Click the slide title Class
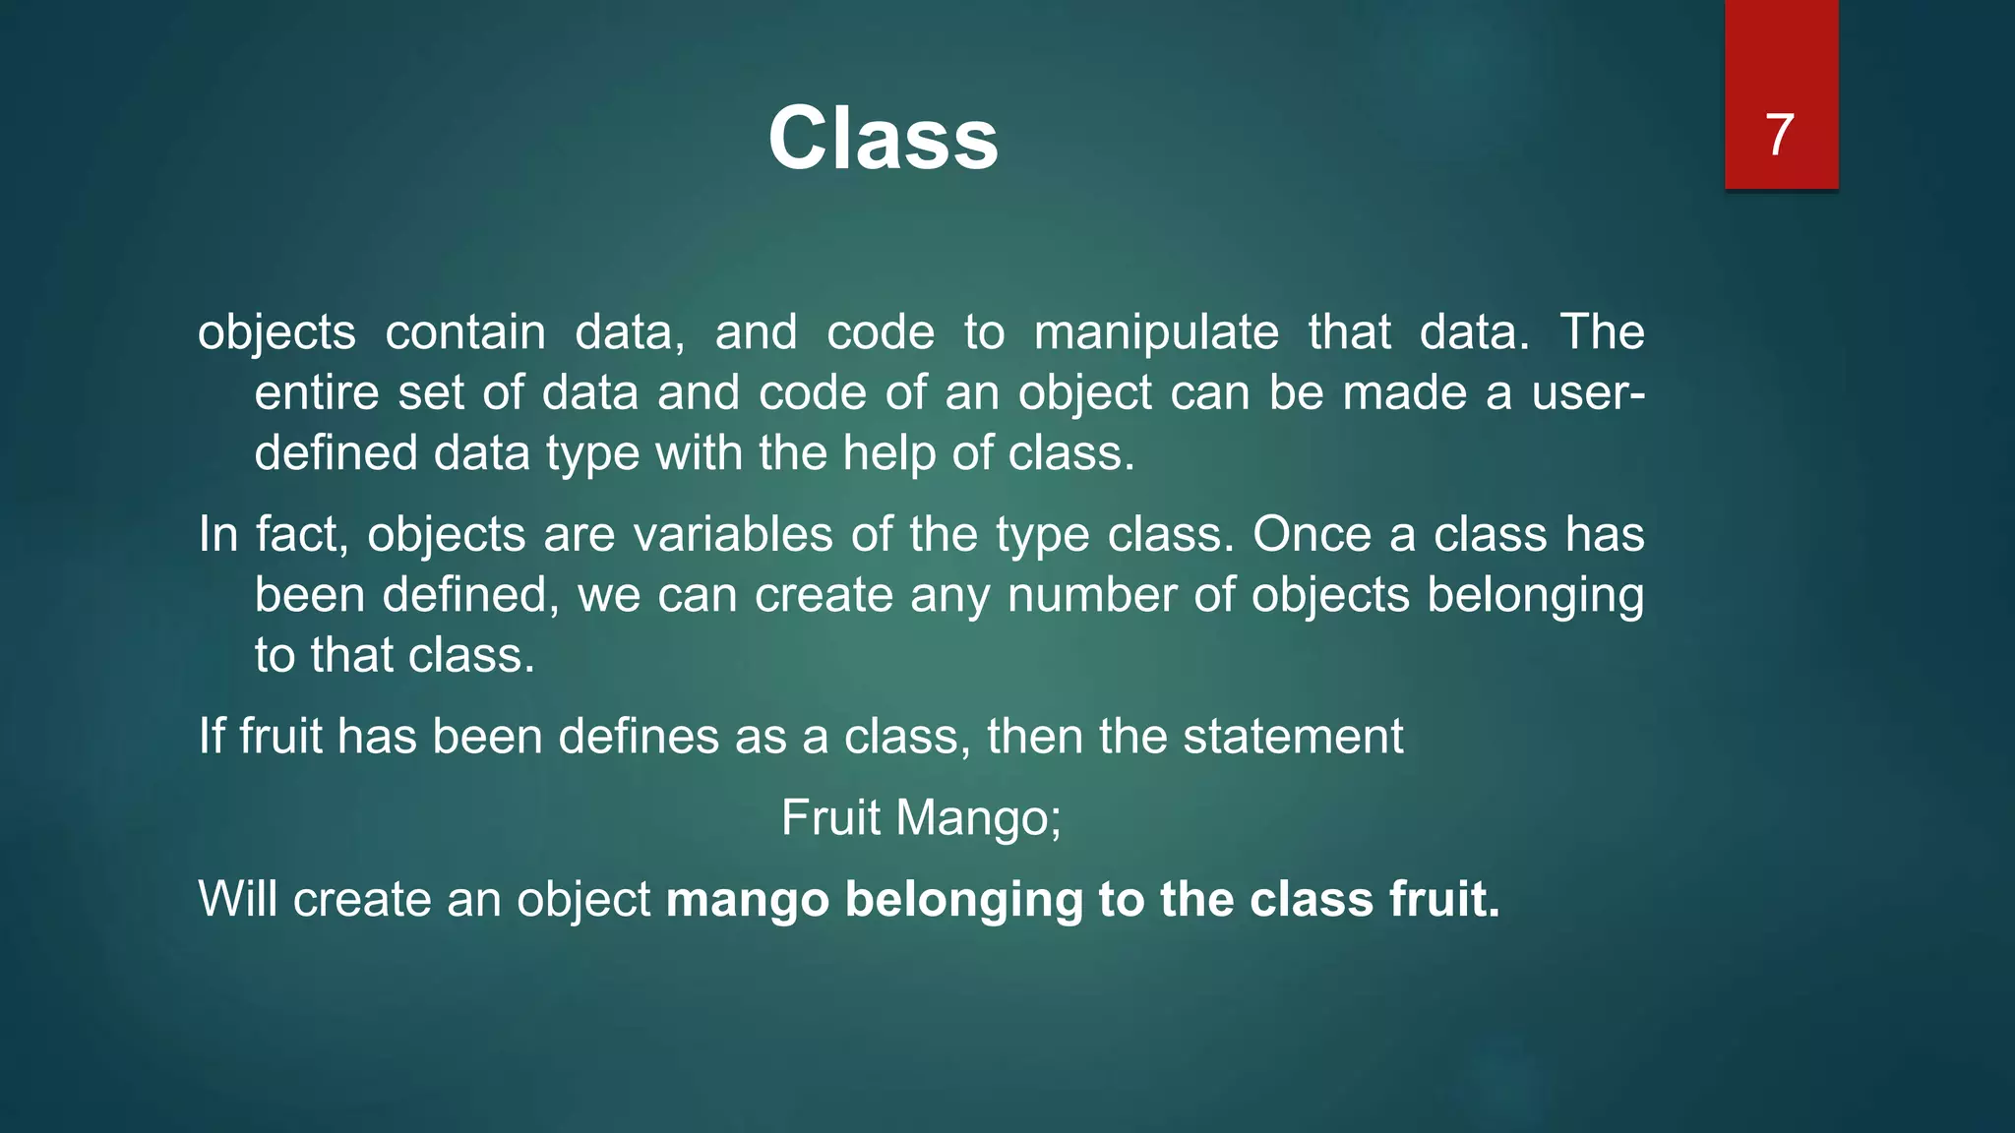pyautogui.click(x=883, y=139)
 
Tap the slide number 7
pyautogui.click(x=1779, y=135)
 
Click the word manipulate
pyautogui.click(x=1156, y=332)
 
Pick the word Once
pyautogui.click(x=1311, y=535)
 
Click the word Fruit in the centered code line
pyautogui.click(x=829, y=818)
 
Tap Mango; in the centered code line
pyautogui.click(x=978, y=818)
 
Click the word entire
pyautogui.click(x=316, y=393)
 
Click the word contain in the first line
pyautogui.click(x=464, y=332)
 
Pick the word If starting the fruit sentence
pyautogui.click(x=212, y=737)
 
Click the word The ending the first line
pyautogui.click(x=1602, y=332)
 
